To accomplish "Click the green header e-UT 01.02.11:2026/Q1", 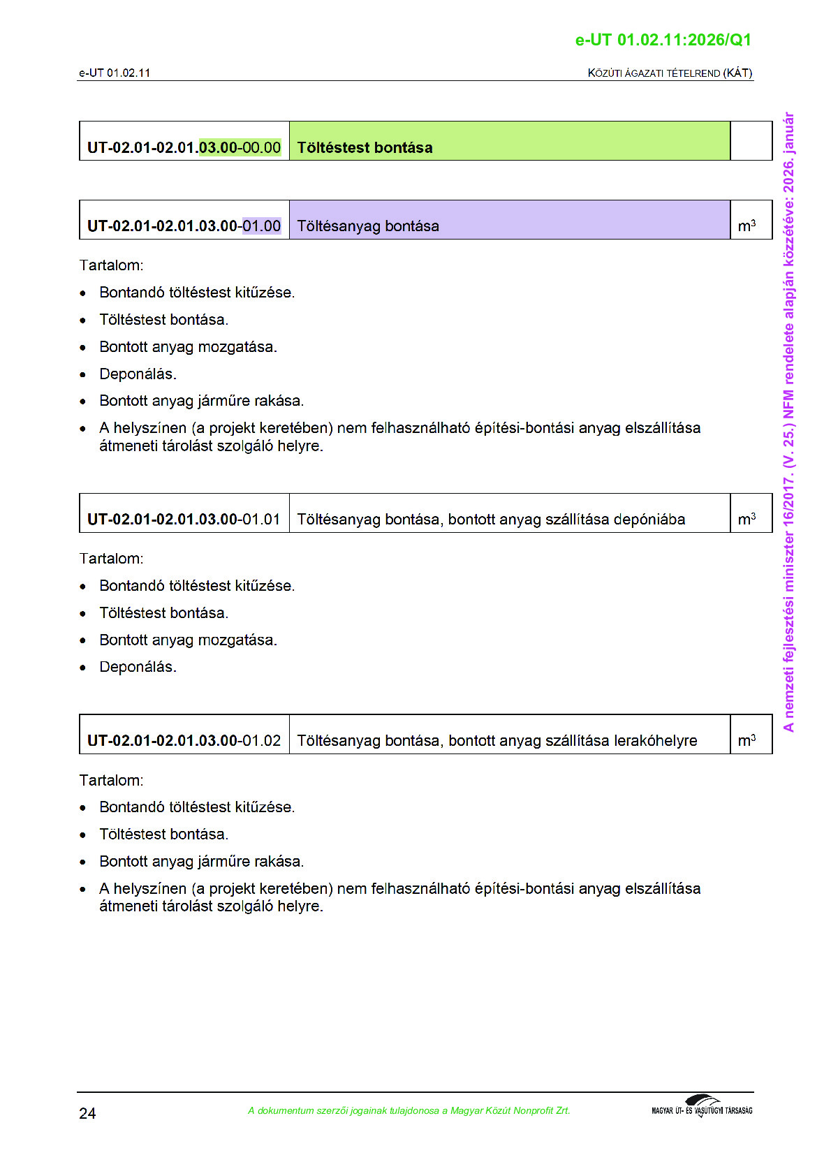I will (x=663, y=40).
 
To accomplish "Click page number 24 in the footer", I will (x=87, y=1113).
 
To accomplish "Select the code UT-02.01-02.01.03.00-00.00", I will (x=184, y=147).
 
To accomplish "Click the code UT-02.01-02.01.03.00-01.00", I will (x=184, y=226).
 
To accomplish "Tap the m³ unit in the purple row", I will (x=747, y=226).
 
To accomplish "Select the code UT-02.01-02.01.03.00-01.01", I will (x=184, y=520).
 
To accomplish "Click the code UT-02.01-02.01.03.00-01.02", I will (x=184, y=740).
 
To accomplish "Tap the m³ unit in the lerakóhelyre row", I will (x=747, y=740).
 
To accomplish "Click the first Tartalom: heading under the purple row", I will (x=111, y=265).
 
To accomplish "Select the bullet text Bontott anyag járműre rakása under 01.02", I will (x=201, y=861).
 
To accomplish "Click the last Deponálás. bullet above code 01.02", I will (x=138, y=667).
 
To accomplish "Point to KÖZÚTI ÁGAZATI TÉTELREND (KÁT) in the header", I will (x=670, y=73).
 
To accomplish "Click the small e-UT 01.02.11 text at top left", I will (x=114, y=73).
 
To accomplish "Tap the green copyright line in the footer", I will (x=409, y=1110).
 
